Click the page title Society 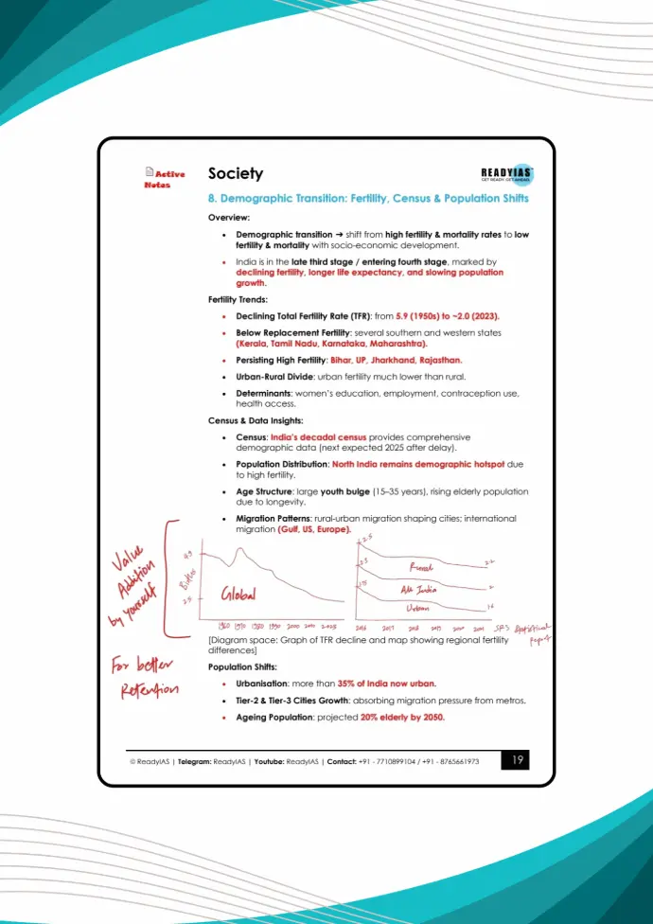click(x=236, y=174)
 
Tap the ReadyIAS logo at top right click(x=507, y=173)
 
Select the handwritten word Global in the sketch click(x=242, y=594)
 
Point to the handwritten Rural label click(x=422, y=567)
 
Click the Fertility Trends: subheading click(x=238, y=299)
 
